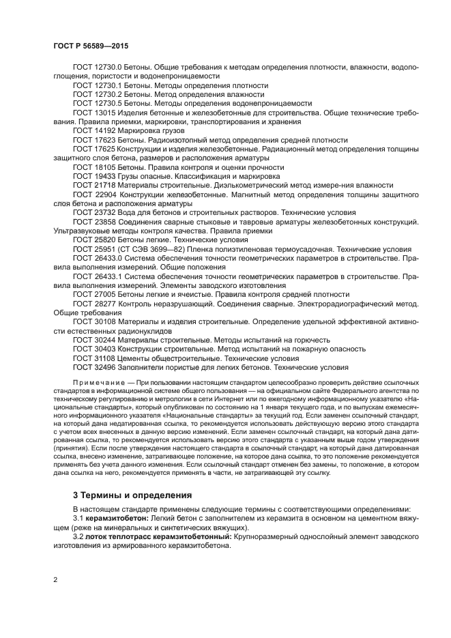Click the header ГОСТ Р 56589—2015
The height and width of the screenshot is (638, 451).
(x=90, y=46)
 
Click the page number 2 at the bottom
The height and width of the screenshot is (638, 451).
(x=55, y=579)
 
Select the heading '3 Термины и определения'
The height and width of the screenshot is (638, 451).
(x=132, y=494)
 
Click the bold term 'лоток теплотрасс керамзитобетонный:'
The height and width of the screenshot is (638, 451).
(x=158, y=537)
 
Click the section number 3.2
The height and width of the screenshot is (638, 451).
(x=79, y=537)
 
